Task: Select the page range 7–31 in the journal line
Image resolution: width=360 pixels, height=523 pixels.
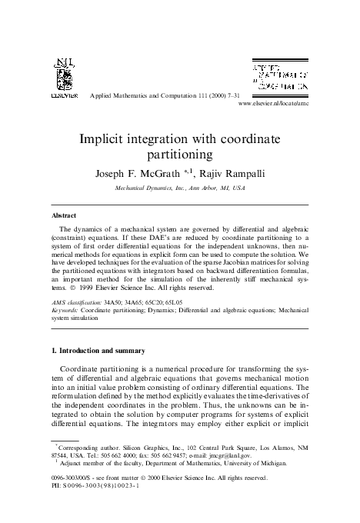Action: click(216, 95)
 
